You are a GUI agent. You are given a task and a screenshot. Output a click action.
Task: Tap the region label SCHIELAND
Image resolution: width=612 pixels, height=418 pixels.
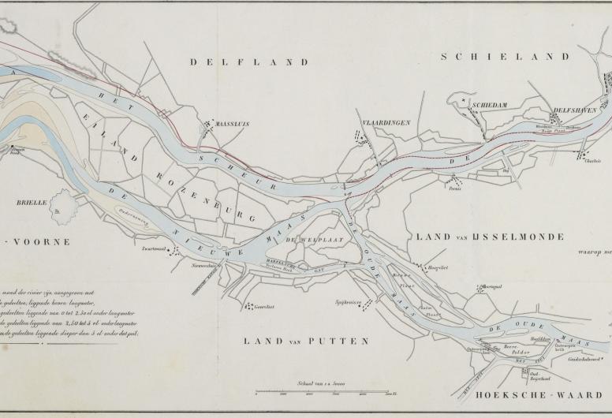tap(505, 57)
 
